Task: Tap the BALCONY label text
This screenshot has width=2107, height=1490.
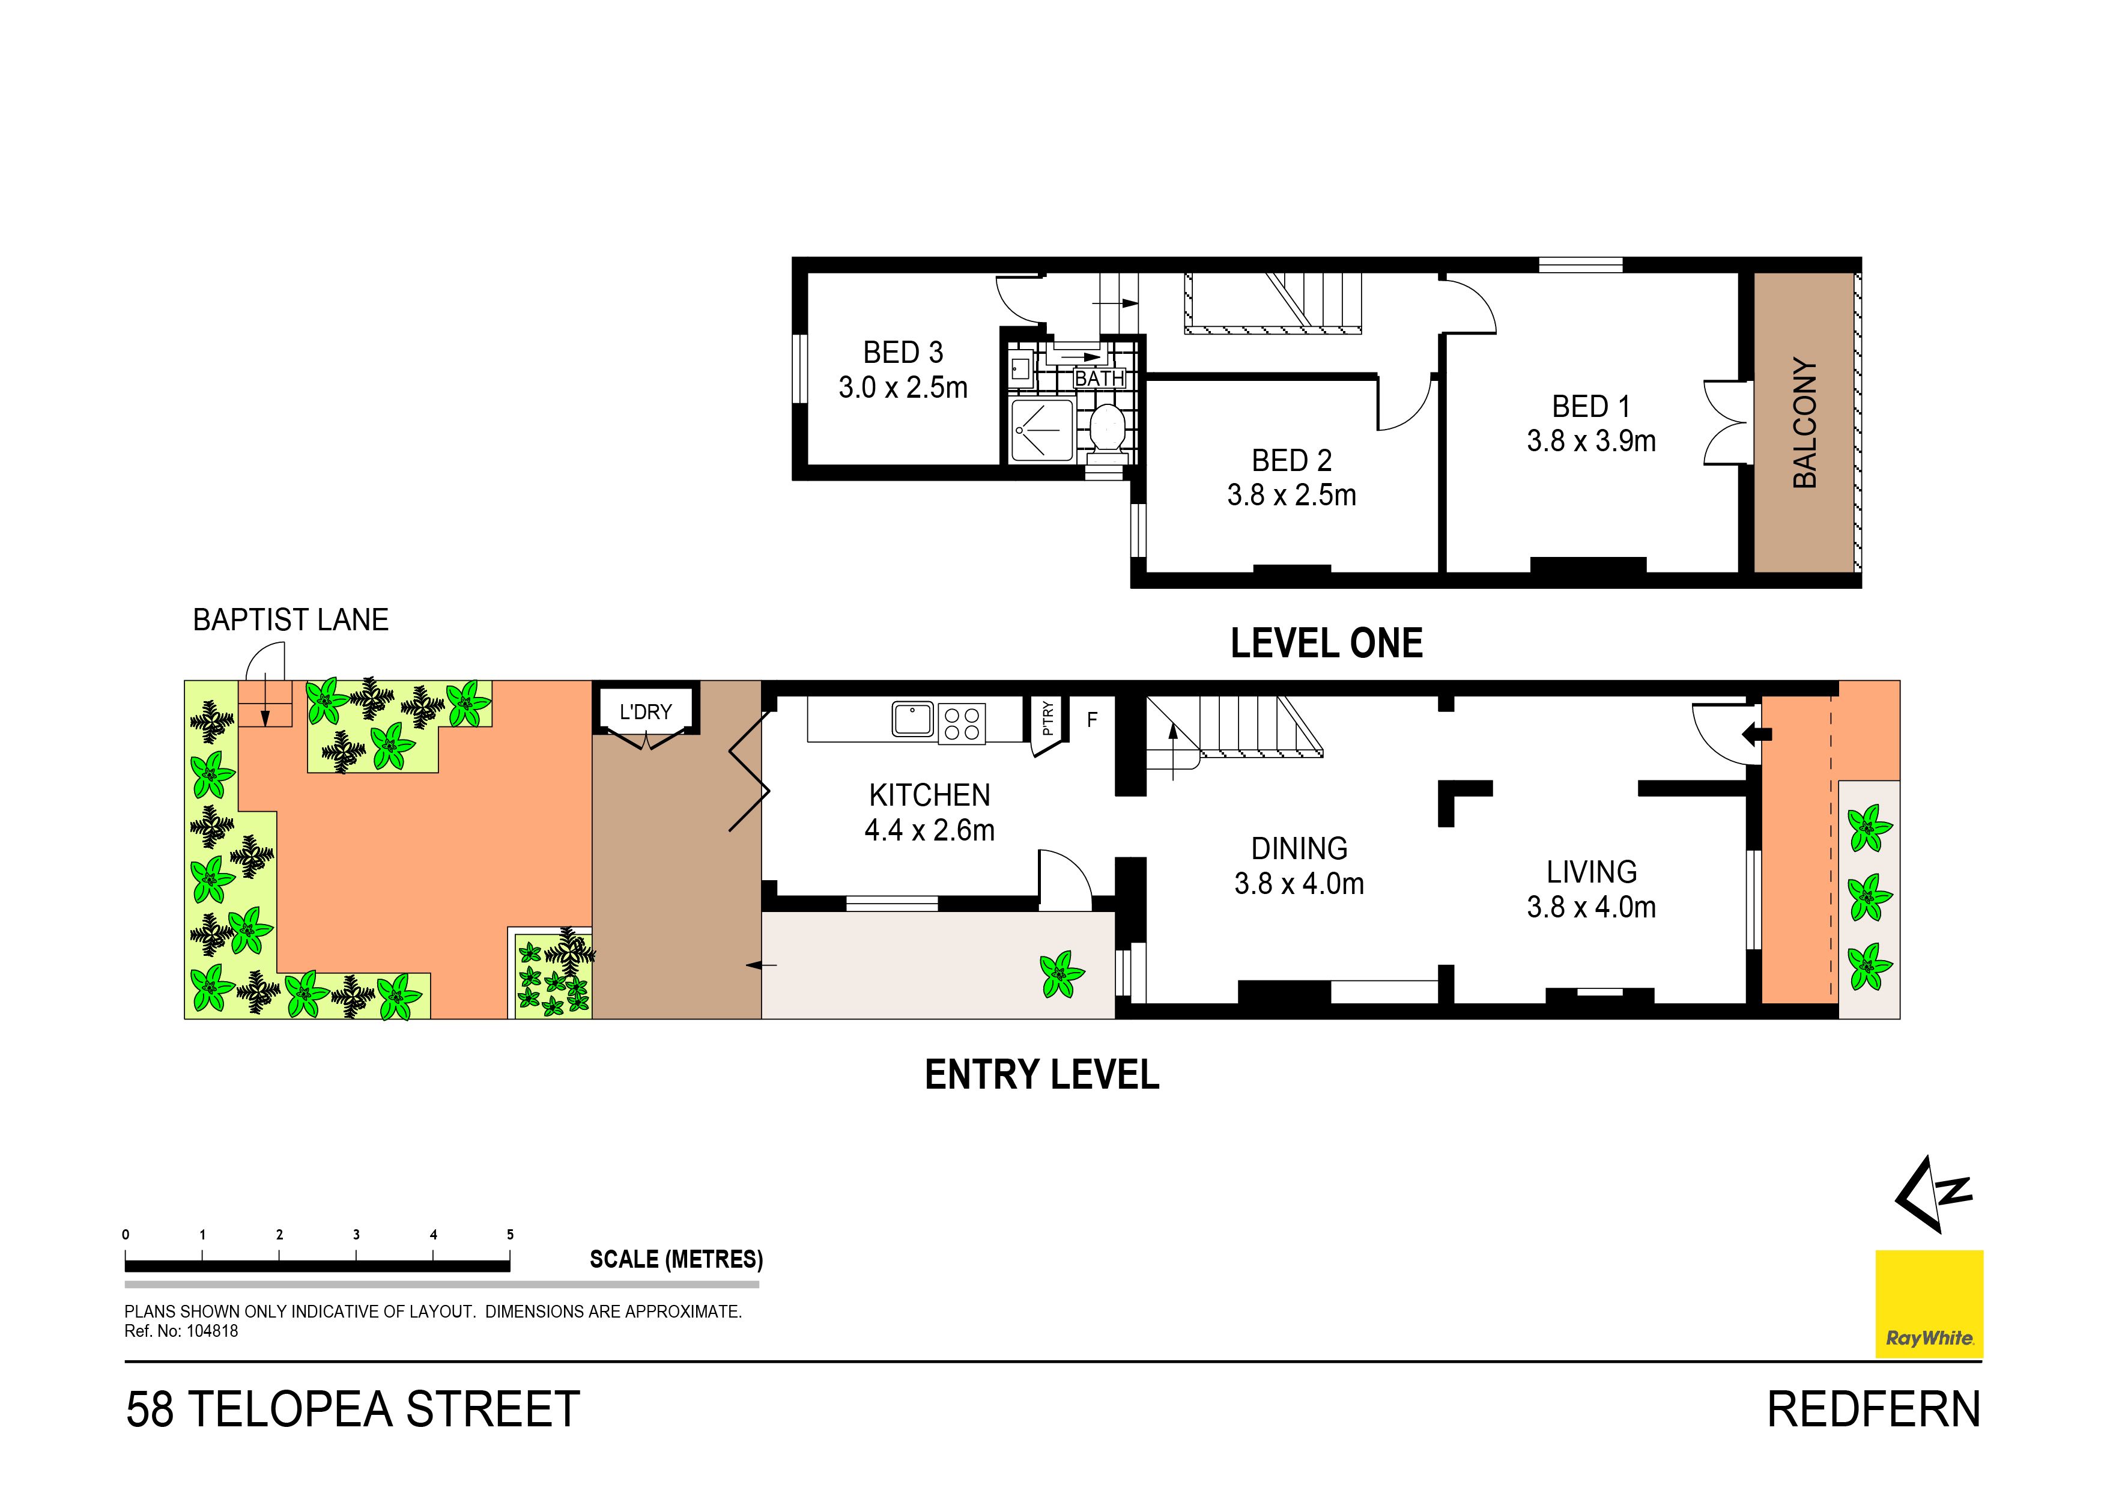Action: [x=1805, y=423]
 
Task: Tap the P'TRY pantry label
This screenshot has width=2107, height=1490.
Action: [x=1048, y=718]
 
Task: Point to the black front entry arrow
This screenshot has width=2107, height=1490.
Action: [x=1756, y=734]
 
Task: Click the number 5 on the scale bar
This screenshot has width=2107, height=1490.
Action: [x=510, y=1235]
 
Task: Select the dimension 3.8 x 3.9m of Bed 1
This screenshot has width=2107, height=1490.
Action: [x=1591, y=442]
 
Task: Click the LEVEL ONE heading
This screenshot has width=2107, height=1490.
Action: [x=1326, y=643]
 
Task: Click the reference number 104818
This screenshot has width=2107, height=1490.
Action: [x=212, y=1331]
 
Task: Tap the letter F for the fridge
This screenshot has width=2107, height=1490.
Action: [x=1092, y=720]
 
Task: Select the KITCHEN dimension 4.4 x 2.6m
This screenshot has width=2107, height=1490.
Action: [x=930, y=831]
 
